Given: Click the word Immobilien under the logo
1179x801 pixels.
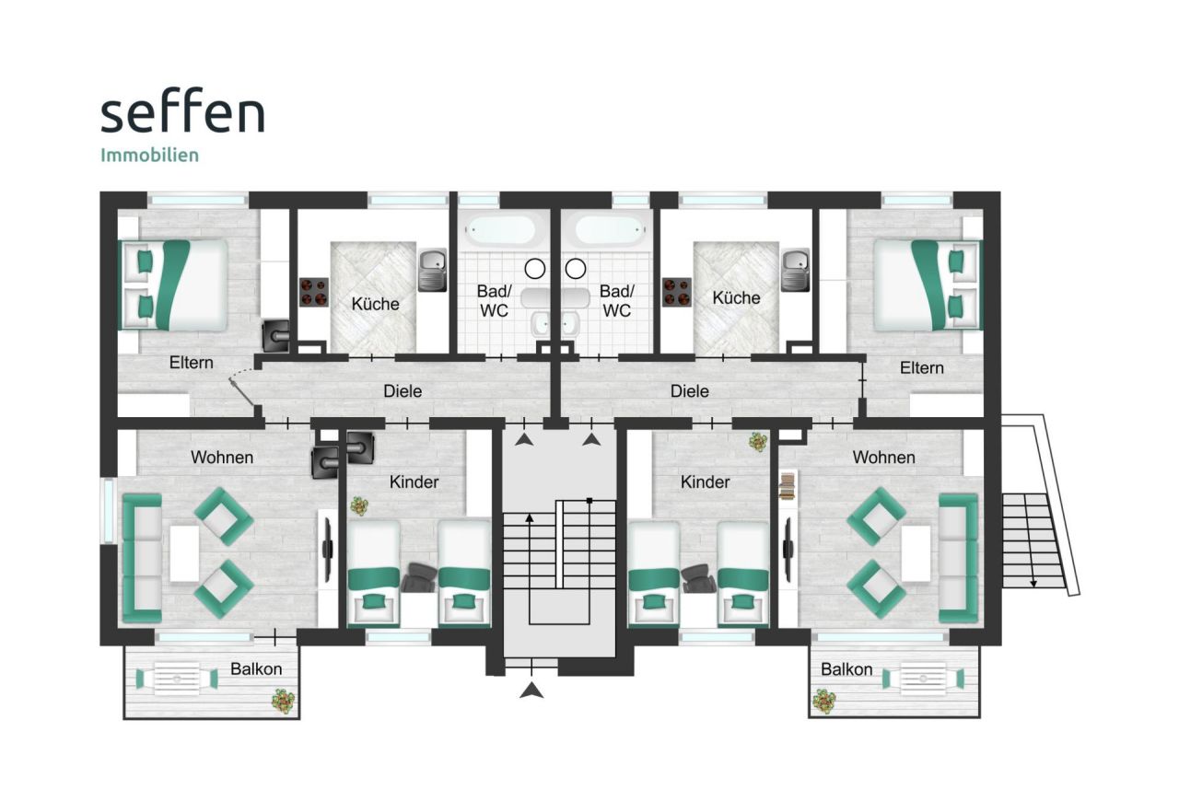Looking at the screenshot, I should [149, 155].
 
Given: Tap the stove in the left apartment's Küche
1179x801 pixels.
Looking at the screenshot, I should [314, 292].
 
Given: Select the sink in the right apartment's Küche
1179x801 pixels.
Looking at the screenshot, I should [795, 270].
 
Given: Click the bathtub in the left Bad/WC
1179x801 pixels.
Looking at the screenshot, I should [500, 228].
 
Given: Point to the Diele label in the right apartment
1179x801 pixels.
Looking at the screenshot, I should [690, 391].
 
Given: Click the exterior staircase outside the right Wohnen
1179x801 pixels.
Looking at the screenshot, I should [1033, 539].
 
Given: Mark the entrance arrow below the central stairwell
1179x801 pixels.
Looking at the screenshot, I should [531, 690].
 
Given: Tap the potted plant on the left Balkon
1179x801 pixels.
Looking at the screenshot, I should [284, 702].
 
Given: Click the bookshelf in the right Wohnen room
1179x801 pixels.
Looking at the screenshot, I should [788, 485].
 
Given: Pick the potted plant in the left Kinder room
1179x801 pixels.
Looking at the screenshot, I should [358, 505].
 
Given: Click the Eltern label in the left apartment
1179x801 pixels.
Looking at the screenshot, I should [192, 364].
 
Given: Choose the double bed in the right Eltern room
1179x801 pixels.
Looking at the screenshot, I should [925, 284].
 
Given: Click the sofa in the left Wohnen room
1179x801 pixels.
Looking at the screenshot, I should [142, 557].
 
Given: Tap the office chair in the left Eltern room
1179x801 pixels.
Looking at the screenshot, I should [276, 336].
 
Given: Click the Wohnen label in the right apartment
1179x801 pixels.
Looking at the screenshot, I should [883, 458].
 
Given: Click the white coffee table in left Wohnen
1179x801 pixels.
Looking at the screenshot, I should [184, 552].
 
